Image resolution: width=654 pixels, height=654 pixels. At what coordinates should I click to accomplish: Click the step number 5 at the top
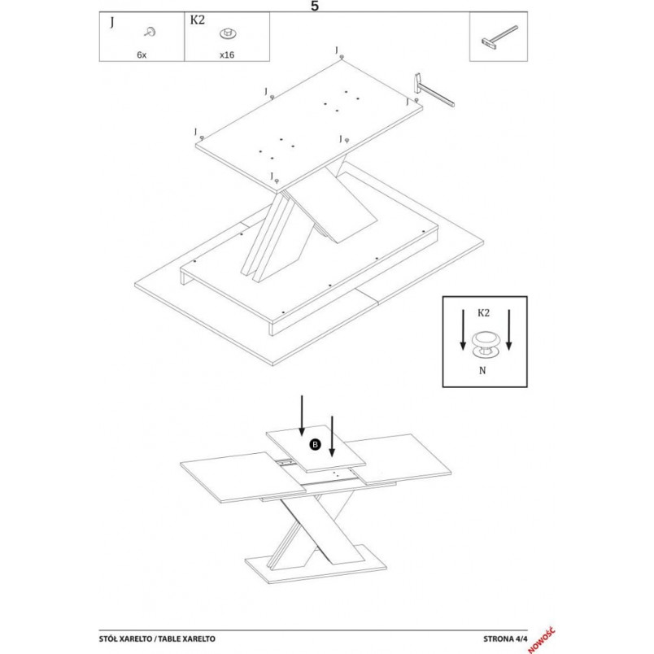pos(315,6)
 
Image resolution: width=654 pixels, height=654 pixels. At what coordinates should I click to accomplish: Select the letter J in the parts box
pos(111,22)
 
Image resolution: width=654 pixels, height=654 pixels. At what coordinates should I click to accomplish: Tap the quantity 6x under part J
pos(142,54)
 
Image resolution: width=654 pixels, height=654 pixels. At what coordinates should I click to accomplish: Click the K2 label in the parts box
pos(198,20)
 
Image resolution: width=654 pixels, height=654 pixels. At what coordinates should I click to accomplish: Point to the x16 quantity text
pos(227,54)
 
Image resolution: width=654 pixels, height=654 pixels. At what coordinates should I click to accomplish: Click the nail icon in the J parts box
pos(150,32)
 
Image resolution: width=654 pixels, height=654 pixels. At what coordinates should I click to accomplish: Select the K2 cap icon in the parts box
pos(228,33)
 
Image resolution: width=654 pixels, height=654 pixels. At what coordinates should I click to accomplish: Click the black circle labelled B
pos(315,444)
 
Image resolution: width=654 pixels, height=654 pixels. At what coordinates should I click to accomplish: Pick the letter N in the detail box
pos(482,370)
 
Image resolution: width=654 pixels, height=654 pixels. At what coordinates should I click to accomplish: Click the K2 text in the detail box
pos(483,313)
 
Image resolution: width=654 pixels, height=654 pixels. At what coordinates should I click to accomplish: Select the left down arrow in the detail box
pos(463,329)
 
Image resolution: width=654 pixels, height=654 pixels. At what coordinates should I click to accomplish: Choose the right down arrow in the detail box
pos(508,329)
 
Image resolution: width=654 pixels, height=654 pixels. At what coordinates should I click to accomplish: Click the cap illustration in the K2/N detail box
pos(484,345)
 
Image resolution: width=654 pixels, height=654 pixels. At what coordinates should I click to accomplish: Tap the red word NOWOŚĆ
pos(541,640)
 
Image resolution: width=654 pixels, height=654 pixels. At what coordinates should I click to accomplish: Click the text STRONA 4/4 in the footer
pos(505,639)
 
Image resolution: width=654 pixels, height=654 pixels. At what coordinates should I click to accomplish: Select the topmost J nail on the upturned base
pos(342,56)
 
